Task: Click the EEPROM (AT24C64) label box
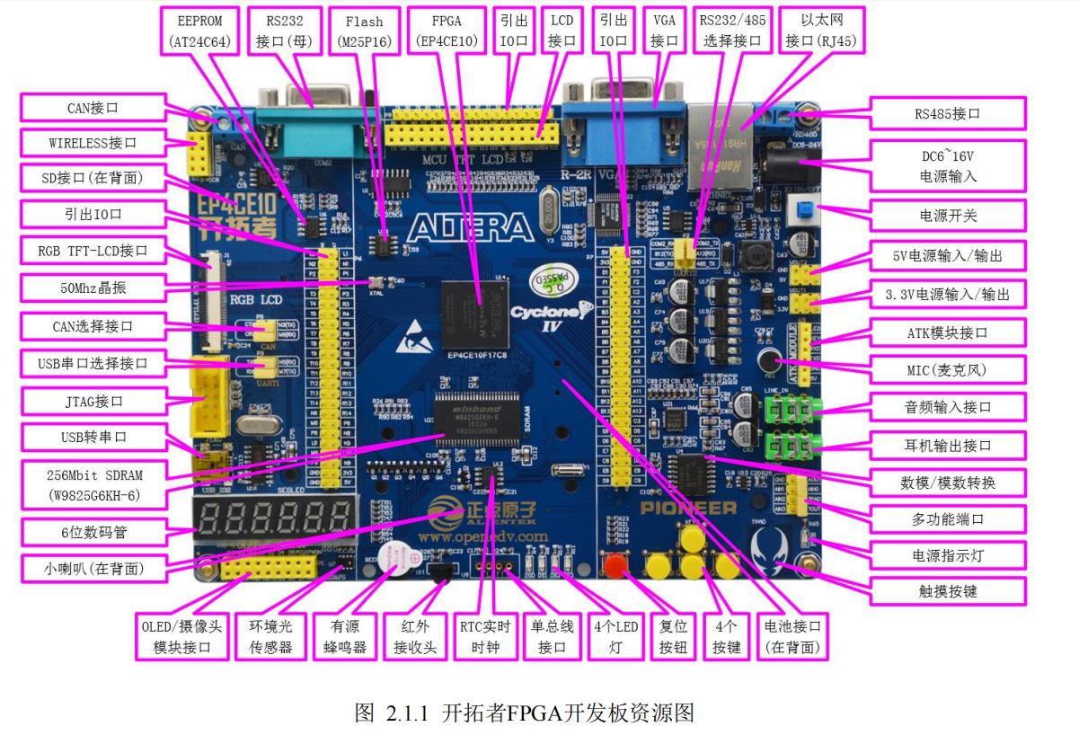200,31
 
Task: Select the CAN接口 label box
93,108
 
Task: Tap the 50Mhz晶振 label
93,288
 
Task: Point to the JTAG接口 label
93,401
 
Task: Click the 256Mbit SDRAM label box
93,484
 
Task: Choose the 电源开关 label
947,215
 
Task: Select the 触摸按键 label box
947,590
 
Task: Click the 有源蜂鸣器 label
345,637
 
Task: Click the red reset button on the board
615,566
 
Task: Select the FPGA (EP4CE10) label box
447,31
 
